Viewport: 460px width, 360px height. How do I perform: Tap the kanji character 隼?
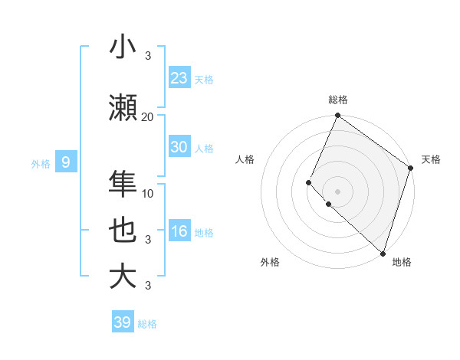point(123,184)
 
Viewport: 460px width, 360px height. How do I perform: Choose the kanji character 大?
point(123,277)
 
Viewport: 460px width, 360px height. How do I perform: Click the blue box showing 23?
point(179,78)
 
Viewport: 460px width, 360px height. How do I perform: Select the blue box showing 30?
point(179,147)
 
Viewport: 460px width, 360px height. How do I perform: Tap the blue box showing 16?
point(179,231)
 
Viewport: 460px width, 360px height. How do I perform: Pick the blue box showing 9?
point(67,162)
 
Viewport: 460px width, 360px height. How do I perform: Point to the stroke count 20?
point(147,116)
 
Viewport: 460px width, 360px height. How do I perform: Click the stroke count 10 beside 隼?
point(148,193)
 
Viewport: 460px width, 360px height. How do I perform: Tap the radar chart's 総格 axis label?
point(337,100)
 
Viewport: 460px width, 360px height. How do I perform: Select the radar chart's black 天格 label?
point(431,159)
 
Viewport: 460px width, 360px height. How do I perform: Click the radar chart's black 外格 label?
point(270,262)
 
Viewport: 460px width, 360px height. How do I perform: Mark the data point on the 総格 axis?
point(337,116)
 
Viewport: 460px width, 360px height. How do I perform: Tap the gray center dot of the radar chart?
point(337,191)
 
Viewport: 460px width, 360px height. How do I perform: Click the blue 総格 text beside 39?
point(147,324)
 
